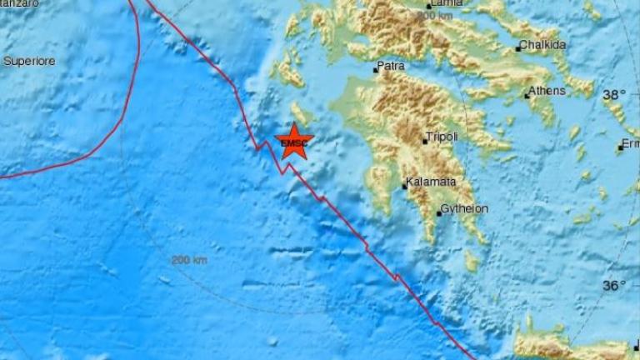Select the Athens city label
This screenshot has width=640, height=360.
coord(549,91)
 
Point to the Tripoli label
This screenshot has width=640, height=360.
coord(442,137)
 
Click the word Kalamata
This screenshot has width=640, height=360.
coord(430,182)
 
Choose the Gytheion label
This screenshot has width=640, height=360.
coord(464,208)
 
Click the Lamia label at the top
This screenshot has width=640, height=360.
coord(446,3)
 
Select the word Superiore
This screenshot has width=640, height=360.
coord(29,61)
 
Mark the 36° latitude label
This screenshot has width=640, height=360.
coord(613,286)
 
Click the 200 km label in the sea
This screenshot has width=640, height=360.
coord(188,260)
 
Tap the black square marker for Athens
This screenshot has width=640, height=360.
coord(527,97)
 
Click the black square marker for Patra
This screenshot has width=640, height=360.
coord(376,70)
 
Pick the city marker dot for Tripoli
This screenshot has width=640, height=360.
coord(425,142)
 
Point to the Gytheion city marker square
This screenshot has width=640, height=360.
coord(439,213)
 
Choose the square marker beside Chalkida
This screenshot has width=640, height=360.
coord(517,48)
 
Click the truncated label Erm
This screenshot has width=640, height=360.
coord(632,144)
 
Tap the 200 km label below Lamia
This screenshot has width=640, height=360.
coord(436,16)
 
